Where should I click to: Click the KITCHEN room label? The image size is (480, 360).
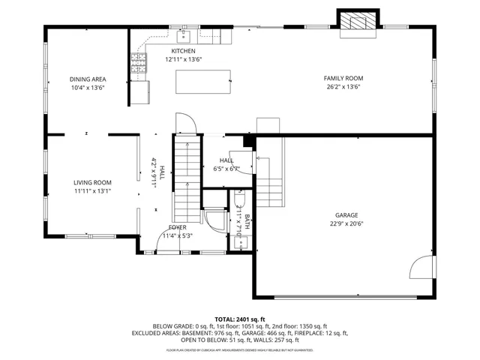coord(183,51)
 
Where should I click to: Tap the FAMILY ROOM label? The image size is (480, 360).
coord(343,78)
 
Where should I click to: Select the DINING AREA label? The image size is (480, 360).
coord(87,79)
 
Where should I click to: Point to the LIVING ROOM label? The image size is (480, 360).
coord(92,182)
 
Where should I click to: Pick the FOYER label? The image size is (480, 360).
coord(177,226)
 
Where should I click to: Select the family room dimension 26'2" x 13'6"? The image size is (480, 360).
coord(343,87)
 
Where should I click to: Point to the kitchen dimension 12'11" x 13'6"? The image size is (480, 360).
coord(183,59)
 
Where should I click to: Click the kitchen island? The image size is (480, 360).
coord(203,81)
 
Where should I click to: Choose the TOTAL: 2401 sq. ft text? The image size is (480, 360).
coord(240,319)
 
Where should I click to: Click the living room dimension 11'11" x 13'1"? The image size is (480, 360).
coord(92,190)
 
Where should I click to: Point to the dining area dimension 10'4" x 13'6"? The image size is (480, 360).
coord(87,88)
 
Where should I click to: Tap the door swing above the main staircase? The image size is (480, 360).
coord(184,123)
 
